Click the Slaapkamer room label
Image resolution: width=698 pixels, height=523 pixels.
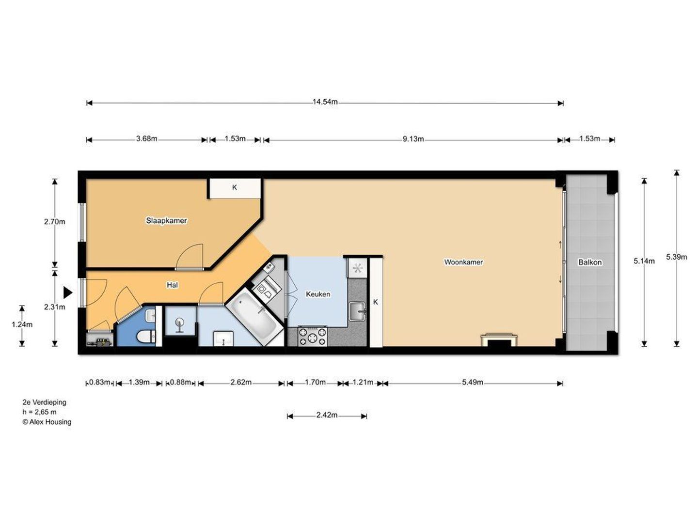point(166,221)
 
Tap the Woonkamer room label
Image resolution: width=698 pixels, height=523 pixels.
point(463,262)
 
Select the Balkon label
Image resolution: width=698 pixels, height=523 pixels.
point(590,262)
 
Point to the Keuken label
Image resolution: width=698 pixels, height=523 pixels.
point(318,294)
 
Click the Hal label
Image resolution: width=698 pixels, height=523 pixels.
point(173,285)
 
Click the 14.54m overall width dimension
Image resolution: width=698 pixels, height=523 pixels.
point(325,102)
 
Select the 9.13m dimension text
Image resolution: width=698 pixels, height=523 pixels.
point(413,139)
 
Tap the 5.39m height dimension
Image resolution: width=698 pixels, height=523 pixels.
point(676,257)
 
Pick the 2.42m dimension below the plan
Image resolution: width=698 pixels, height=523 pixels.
point(327,415)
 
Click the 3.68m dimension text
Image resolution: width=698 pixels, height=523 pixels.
point(146,139)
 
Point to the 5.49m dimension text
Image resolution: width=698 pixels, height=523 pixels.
point(473,383)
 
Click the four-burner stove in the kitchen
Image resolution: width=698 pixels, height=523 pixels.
point(312,337)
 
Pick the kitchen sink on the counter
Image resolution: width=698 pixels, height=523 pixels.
point(357,311)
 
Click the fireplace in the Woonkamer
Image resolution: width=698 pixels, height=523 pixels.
point(499,340)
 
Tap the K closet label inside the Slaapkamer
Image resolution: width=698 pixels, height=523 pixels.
point(234,188)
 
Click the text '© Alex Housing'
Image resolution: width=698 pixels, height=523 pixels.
point(47,422)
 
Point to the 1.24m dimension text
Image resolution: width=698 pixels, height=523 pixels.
point(22,324)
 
